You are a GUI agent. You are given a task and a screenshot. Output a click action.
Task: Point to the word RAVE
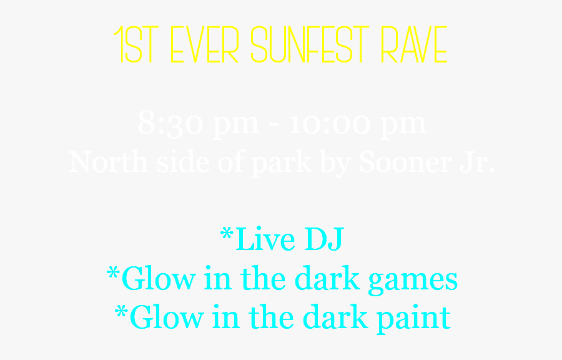(414, 46)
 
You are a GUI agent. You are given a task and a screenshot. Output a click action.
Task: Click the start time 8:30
(170, 124)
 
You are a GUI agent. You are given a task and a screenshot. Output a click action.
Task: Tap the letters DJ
(323, 240)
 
